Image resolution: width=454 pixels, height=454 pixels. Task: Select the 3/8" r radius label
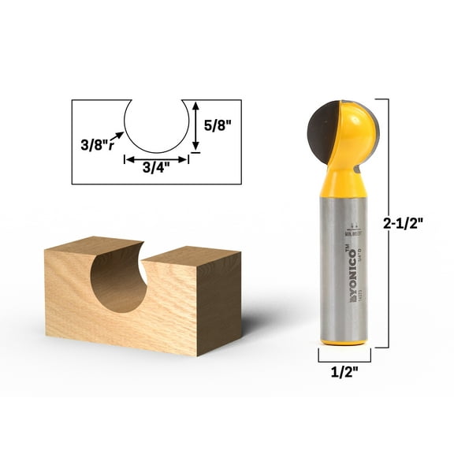[98, 143]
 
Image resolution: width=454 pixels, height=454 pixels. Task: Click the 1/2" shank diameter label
[341, 374]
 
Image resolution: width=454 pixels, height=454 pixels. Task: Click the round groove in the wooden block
[118, 280]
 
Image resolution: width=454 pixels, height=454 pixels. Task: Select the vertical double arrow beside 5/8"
[194, 125]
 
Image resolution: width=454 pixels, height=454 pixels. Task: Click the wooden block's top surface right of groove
[193, 255]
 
